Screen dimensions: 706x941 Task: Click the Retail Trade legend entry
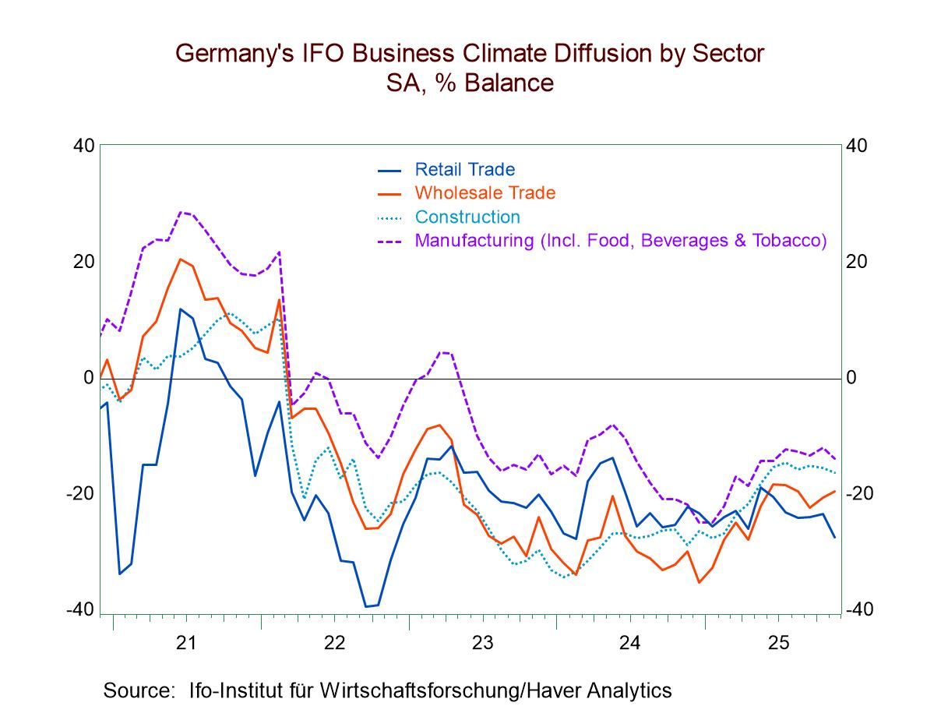464,169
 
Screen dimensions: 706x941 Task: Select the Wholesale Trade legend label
485,192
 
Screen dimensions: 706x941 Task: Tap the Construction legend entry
467,217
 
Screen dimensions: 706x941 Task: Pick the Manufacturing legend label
620,240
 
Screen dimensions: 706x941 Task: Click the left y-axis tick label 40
84,146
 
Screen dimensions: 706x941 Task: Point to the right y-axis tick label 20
857,262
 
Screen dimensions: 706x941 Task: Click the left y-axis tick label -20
80,494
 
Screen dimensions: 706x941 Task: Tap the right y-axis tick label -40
859,610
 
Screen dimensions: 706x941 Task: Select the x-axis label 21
185,643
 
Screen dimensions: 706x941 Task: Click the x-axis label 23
482,643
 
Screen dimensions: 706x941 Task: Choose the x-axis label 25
778,643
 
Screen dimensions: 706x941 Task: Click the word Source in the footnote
136,690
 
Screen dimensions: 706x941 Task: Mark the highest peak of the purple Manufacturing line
181,211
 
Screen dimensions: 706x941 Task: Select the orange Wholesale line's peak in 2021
180,259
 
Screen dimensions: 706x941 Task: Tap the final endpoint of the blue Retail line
835,538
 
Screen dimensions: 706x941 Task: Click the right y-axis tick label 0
852,378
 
